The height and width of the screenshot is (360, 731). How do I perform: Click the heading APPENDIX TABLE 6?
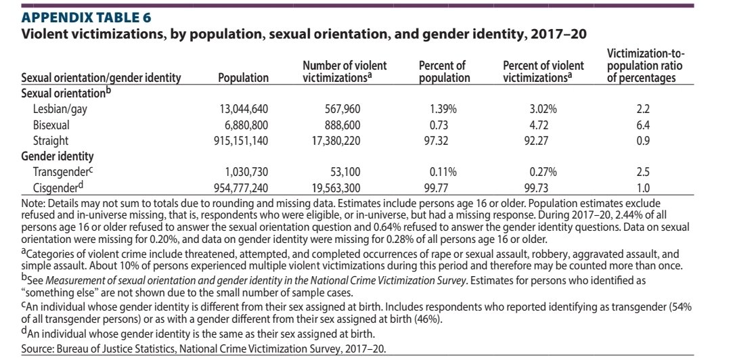tap(86, 18)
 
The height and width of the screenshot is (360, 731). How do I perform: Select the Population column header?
tap(244, 78)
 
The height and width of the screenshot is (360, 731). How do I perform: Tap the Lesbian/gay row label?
tap(53, 110)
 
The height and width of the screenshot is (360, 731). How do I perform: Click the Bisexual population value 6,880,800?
tap(245, 125)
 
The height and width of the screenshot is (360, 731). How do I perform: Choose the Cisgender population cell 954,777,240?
tap(239, 188)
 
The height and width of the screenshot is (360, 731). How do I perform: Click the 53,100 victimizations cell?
tap(345, 173)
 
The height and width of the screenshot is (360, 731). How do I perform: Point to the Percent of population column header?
tap(445, 72)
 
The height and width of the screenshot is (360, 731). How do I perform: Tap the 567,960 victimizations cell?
tap(342, 110)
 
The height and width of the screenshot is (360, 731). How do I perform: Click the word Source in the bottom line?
tap(34, 348)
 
